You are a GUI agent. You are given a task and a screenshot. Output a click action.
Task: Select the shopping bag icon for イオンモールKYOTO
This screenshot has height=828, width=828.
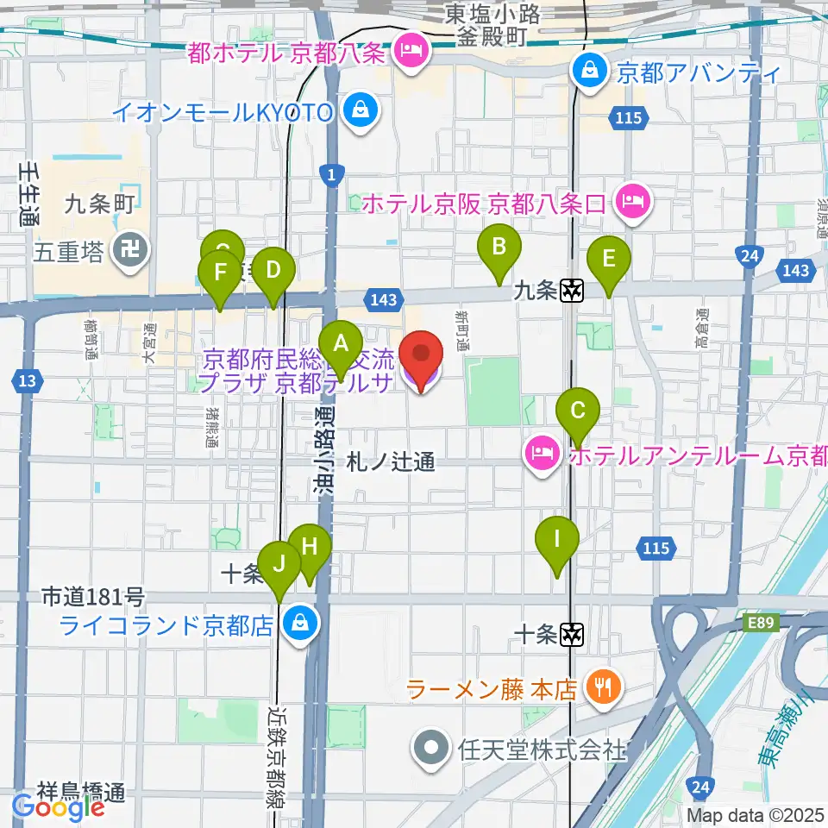tap(355, 110)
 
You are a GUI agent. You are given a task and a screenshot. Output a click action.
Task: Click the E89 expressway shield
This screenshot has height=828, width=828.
tap(756, 621)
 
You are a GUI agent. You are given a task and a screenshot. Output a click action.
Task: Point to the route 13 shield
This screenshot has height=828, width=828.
tap(28, 379)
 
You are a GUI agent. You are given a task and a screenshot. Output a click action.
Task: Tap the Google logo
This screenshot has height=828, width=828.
tap(58, 806)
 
